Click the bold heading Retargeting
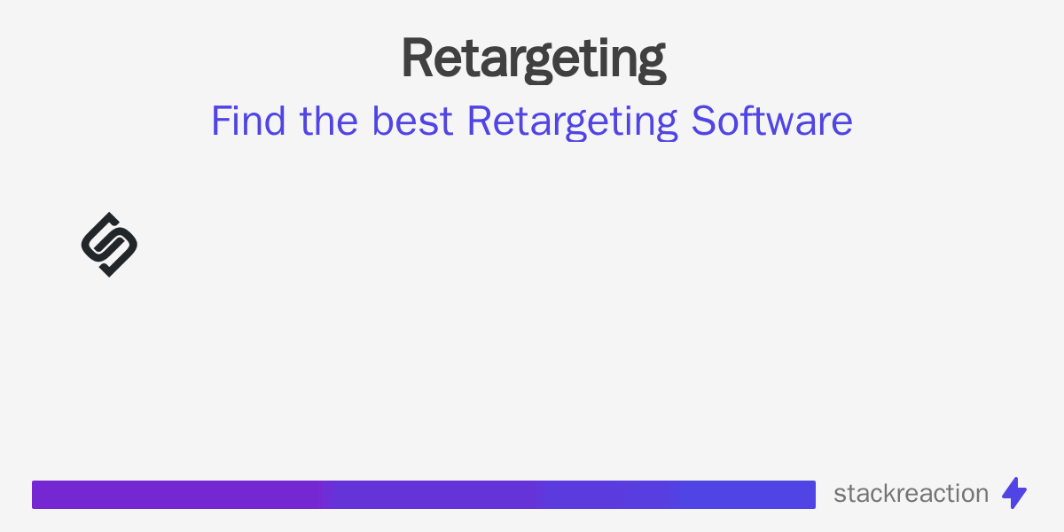[x=533, y=59]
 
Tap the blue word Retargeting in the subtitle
[x=573, y=122]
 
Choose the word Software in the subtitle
[x=772, y=121]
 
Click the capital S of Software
[x=704, y=121]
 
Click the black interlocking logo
[x=109, y=245]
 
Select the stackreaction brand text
[x=911, y=494]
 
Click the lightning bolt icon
[x=1014, y=493]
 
